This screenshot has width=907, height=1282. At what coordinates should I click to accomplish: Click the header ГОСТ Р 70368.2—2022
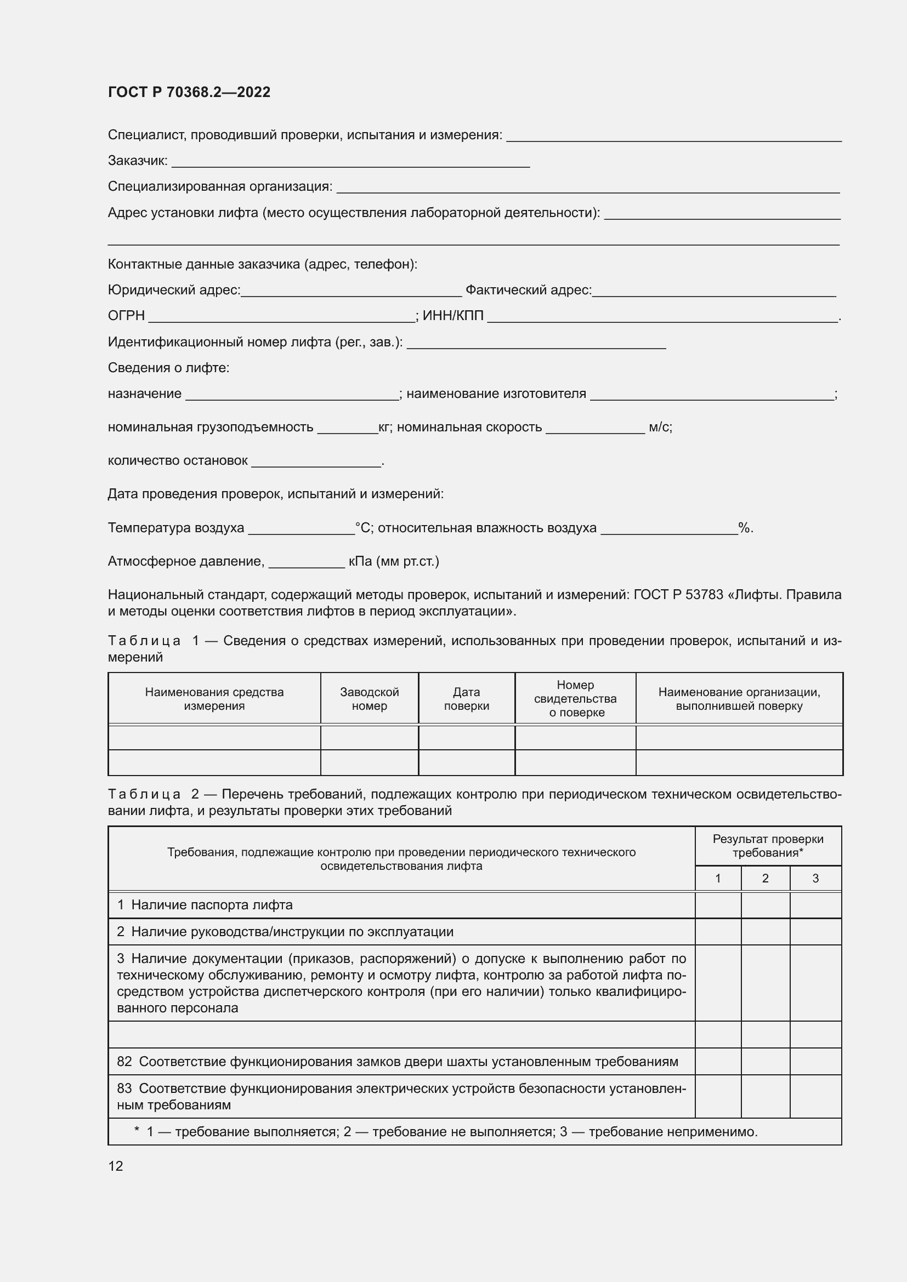pyautogui.click(x=189, y=92)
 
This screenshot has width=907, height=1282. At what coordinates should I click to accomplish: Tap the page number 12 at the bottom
pyautogui.click(x=116, y=1166)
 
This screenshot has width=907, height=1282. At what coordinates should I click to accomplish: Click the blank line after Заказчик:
pyautogui.click(x=351, y=162)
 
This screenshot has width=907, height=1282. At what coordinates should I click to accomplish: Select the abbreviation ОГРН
pyautogui.click(x=126, y=316)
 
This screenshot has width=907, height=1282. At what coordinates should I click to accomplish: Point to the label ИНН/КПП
pyautogui.click(x=453, y=316)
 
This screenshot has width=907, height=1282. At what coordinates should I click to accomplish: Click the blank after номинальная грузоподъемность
pyautogui.click(x=347, y=428)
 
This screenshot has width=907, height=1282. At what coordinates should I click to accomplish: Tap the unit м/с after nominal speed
pyautogui.click(x=660, y=428)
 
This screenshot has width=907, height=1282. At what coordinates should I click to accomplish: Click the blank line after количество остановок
pyautogui.click(x=316, y=461)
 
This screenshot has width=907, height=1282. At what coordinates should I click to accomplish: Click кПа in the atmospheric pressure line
pyautogui.click(x=360, y=561)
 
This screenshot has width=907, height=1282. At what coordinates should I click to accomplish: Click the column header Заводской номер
pyautogui.click(x=369, y=698)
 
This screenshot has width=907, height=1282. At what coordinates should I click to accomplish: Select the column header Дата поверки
pyautogui.click(x=466, y=698)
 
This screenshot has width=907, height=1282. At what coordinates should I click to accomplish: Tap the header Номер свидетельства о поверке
pyautogui.click(x=575, y=698)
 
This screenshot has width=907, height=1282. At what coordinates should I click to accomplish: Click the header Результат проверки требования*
pyautogui.click(x=768, y=845)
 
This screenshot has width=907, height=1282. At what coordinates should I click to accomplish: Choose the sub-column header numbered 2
pyautogui.click(x=765, y=878)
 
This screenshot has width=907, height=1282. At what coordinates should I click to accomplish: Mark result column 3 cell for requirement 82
pyautogui.click(x=815, y=1062)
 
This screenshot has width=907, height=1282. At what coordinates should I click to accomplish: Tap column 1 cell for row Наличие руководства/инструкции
pyautogui.click(x=718, y=932)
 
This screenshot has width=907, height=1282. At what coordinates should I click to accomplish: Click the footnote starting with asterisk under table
pyautogui.click(x=446, y=1132)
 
